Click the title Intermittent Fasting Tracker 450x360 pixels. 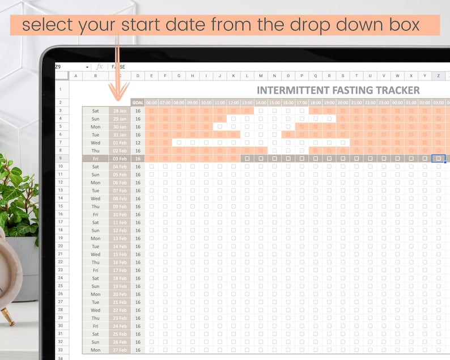tap(338, 90)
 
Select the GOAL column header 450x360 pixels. tap(137, 103)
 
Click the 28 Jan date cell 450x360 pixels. tap(120, 111)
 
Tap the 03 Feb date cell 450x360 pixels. tap(120, 159)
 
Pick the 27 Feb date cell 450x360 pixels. tap(120, 350)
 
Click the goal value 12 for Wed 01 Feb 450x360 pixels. tap(137, 143)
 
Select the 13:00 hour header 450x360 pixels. tap(247, 103)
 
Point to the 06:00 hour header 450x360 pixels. tap(151, 103)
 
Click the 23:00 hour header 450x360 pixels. tap(384, 103)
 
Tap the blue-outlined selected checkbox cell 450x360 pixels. tap(438, 159)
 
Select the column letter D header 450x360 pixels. tap(137, 76)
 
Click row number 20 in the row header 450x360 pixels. tap(60, 247)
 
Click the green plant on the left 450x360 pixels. tap(17, 198)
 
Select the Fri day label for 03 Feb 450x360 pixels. tap(95, 159)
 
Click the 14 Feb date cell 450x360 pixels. tap(120, 247)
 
